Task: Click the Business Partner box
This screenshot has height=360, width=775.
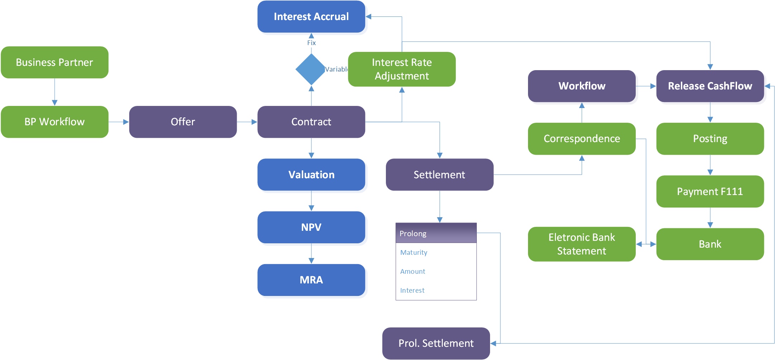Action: coord(54,62)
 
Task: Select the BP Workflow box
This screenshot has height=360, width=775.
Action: coord(54,122)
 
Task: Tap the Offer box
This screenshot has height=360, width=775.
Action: coord(183,122)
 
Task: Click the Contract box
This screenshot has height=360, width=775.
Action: coord(311,122)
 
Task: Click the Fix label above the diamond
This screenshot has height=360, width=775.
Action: coord(311,43)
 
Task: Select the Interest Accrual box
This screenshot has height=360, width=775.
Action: coord(311,16)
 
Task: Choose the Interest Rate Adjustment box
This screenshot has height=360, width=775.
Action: coord(402,69)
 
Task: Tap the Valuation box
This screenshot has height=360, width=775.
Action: coord(311,175)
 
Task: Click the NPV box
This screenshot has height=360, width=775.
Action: coord(311,227)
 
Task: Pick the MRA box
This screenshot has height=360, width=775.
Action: coord(311,280)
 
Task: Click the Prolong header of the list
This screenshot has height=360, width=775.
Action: coord(436,233)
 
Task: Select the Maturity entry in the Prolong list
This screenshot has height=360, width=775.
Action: coord(414,252)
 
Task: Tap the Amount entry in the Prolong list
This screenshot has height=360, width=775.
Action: coord(413,271)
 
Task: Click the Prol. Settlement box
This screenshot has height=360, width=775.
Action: coord(436,343)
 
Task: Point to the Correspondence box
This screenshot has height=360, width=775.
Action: coord(582,138)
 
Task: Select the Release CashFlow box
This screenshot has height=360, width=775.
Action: coord(710,86)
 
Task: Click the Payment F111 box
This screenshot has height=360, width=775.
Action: coord(710,191)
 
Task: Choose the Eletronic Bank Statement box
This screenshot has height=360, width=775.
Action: coord(582,244)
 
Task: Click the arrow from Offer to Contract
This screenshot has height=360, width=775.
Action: coord(247,122)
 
